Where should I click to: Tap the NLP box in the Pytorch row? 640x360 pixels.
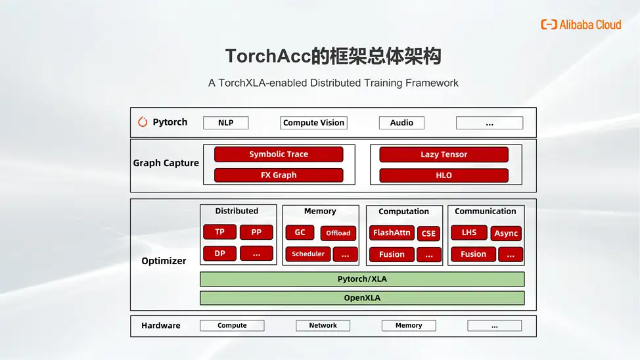pos(225,123)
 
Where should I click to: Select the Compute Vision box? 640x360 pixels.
pos(313,123)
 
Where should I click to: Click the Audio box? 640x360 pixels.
pos(401,123)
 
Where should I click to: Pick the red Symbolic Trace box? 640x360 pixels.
pos(279,154)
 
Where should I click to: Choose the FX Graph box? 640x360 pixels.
pos(279,175)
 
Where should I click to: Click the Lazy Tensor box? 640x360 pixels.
pos(444,154)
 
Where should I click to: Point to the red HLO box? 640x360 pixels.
pos(444,175)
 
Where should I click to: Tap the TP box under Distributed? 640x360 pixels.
pos(219,232)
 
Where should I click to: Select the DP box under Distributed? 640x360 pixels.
pos(219,254)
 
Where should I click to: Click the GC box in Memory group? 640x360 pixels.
pos(300,233)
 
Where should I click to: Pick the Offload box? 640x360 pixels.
pos(338,233)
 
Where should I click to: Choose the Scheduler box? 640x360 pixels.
pos(308,254)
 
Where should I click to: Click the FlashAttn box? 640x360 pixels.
pos(392,233)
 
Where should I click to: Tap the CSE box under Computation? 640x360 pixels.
pos(428,233)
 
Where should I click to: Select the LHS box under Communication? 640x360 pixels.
pos(469,233)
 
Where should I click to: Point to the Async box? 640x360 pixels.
pos(506,233)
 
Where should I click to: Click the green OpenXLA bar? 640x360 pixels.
pos(362,298)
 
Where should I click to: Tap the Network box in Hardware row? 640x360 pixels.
pos(323,326)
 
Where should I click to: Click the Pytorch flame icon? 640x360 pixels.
pos(143,122)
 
